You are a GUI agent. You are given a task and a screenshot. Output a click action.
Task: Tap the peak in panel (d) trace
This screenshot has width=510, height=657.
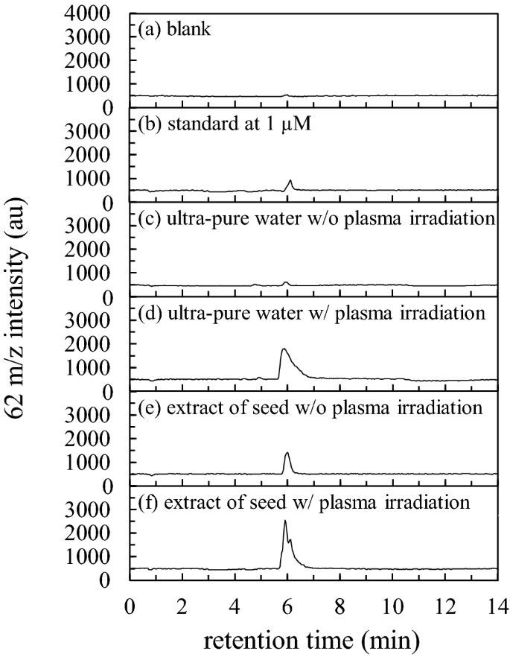(x=284, y=349)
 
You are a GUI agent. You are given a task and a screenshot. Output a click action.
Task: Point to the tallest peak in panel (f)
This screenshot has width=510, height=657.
(x=285, y=521)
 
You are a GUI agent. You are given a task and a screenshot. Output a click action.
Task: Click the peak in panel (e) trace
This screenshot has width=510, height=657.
(x=287, y=453)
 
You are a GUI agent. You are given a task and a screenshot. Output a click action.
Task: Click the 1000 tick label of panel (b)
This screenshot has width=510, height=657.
(x=94, y=179)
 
